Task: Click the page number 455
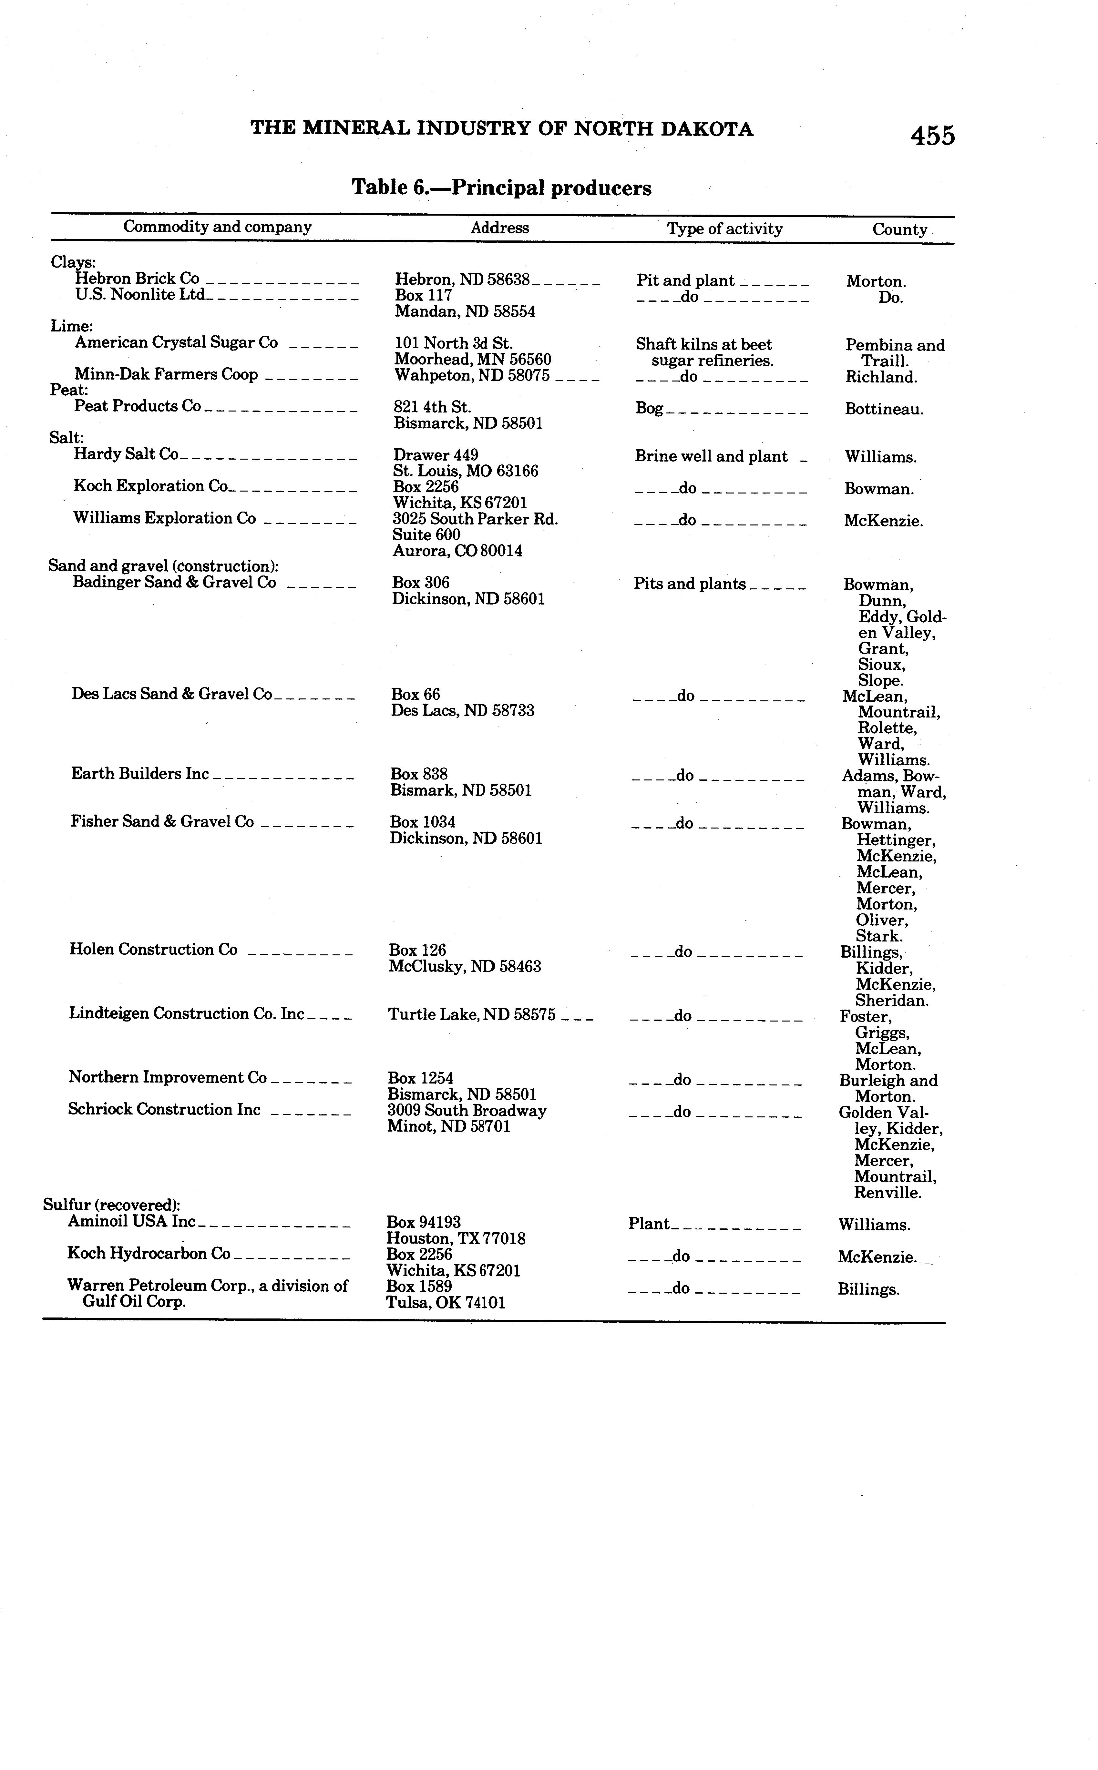(x=933, y=136)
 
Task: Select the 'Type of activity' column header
(x=725, y=229)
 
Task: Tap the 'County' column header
(x=900, y=229)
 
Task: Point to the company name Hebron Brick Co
(x=137, y=279)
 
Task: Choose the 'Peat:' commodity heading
(x=69, y=390)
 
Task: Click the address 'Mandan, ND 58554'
(x=465, y=311)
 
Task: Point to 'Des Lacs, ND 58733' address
(x=463, y=711)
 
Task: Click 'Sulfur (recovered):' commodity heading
(x=112, y=1205)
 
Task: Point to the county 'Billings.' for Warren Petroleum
(x=868, y=1289)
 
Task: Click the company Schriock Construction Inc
(x=164, y=1109)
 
